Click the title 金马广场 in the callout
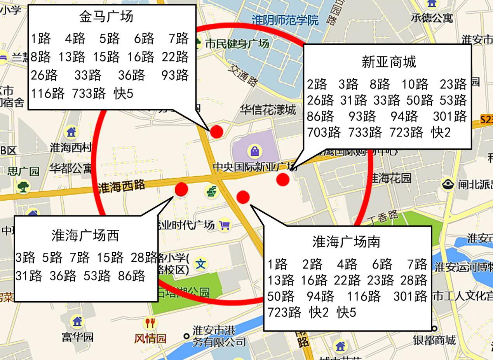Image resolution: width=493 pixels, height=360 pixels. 106,17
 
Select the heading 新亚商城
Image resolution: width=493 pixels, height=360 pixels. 388,62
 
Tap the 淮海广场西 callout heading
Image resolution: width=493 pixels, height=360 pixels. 85,235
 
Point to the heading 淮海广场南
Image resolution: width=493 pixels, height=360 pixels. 346,242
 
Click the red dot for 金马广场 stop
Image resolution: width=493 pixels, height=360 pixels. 216,132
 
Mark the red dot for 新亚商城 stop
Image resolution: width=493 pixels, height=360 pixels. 283,179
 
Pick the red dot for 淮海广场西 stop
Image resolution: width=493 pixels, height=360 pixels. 181,189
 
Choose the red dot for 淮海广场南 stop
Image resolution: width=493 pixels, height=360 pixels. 243,197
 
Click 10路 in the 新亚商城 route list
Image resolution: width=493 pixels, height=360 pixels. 415,84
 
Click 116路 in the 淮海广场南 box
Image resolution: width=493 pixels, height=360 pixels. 363,297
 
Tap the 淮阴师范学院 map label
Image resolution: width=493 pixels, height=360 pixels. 285,19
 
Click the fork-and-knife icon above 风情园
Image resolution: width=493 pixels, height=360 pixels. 150,323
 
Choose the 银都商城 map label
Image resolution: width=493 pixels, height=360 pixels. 434,341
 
